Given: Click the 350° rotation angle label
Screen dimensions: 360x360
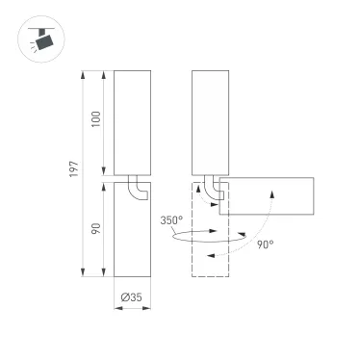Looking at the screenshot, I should [x=172, y=220].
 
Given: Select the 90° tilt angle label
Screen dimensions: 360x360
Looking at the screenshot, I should [x=265, y=244].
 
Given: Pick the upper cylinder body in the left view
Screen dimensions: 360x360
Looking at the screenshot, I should [x=131, y=123].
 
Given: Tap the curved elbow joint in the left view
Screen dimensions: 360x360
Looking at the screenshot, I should [x=140, y=189].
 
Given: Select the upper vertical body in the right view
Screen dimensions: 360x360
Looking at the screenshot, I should [x=210, y=123].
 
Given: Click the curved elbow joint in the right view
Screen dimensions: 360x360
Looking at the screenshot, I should [x=214, y=189].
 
